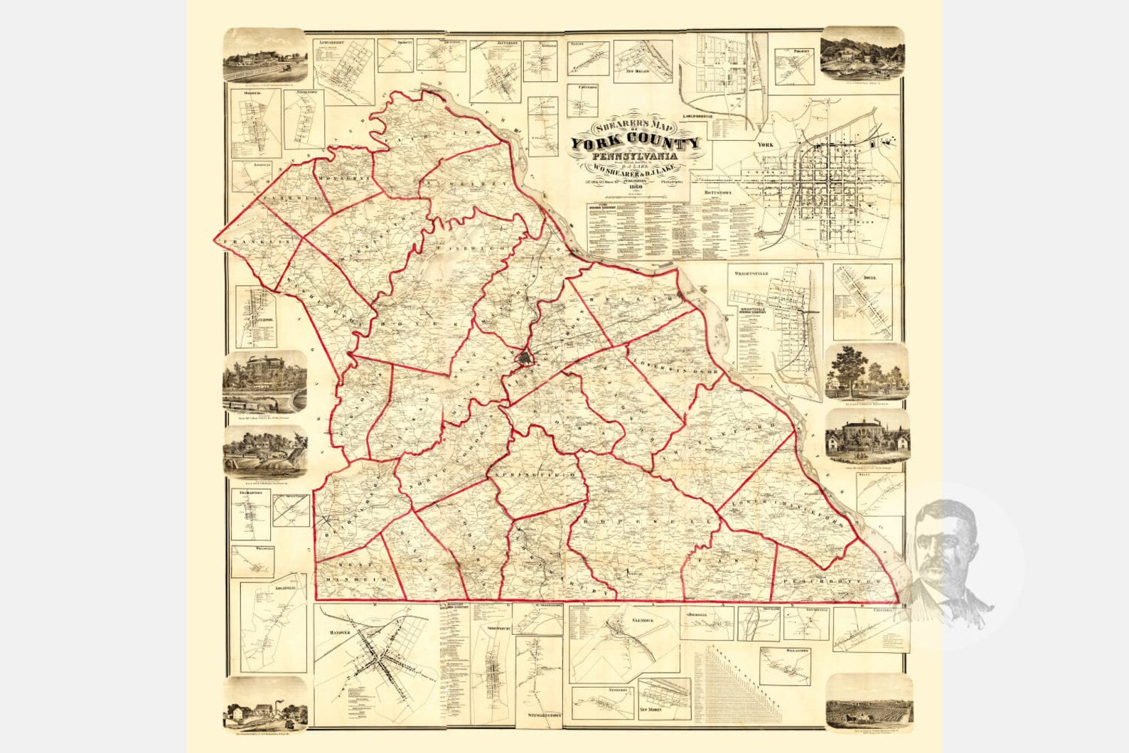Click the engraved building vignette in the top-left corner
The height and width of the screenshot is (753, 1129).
(x=266, y=57)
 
